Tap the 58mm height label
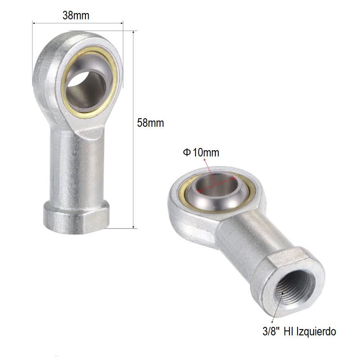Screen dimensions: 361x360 (x=151, y=123)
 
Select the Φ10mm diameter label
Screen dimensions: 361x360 (x=201, y=153)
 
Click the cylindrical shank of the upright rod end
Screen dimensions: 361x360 (x=76, y=171)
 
